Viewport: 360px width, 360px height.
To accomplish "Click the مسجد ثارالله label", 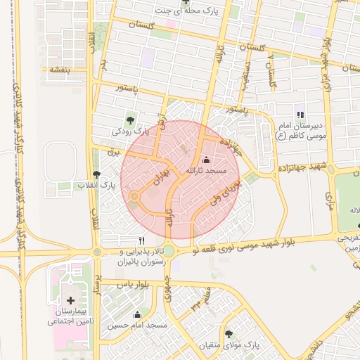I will click(x=205, y=171).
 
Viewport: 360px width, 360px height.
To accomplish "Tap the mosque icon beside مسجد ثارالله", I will click(x=205, y=160).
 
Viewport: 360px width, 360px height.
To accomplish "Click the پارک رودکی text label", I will click(x=130, y=131).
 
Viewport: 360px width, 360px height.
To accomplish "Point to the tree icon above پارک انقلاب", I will click(x=96, y=174).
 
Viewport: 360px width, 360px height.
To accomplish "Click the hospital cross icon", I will click(x=70, y=300).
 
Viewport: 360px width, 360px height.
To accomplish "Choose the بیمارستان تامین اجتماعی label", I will click(x=68, y=316).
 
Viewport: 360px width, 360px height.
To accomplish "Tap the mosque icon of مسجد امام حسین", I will click(x=137, y=314).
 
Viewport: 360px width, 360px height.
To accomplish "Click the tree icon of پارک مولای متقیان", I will click(x=228, y=333).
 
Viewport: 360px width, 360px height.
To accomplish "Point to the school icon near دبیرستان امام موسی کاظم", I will click(x=300, y=115).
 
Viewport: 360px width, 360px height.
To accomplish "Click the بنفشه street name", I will click(x=54, y=70).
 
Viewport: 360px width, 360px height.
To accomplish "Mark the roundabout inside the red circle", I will click(x=134, y=196).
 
